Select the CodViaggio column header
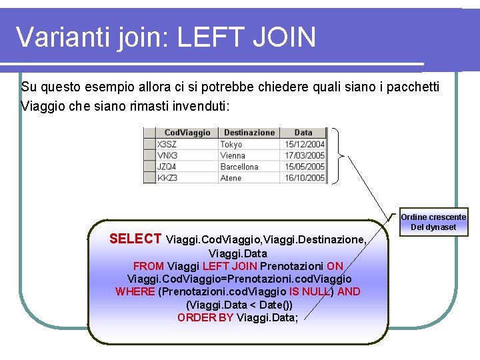(x=187, y=133)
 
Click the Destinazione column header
(x=249, y=133)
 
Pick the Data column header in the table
(x=303, y=133)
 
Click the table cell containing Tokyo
(x=231, y=144)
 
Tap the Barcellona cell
(x=239, y=167)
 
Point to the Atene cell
(x=231, y=178)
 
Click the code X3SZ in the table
(x=167, y=144)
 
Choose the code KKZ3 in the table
(x=167, y=178)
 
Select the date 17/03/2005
(x=305, y=155)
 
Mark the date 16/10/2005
(x=305, y=178)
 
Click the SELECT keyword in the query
(x=135, y=239)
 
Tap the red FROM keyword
(x=149, y=266)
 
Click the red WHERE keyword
(x=135, y=291)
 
